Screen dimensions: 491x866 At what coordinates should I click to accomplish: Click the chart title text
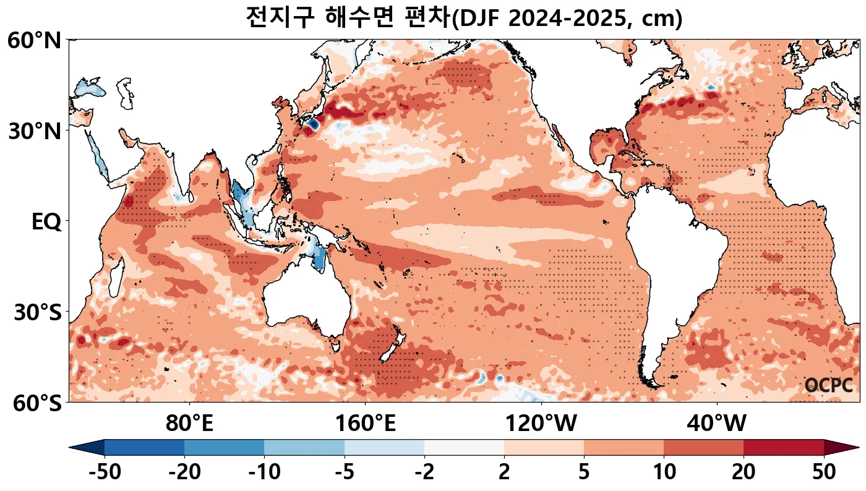(463, 17)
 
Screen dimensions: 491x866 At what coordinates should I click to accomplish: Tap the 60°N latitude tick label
(34, 41)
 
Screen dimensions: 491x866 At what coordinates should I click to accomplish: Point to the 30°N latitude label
(34, 131)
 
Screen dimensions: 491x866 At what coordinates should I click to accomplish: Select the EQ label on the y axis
(46, 222)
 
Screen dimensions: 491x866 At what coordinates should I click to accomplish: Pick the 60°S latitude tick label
(34, 403)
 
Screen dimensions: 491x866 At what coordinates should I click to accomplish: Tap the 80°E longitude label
(189, 424)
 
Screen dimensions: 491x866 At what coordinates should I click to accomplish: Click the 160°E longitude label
(365, 424)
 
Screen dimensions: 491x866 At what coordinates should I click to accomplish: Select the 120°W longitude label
(541, 424)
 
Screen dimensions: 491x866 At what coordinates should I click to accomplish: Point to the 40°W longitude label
(716, 424)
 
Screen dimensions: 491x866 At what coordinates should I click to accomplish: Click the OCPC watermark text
(828, 385)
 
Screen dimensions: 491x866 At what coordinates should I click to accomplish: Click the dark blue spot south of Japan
(312, 124)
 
